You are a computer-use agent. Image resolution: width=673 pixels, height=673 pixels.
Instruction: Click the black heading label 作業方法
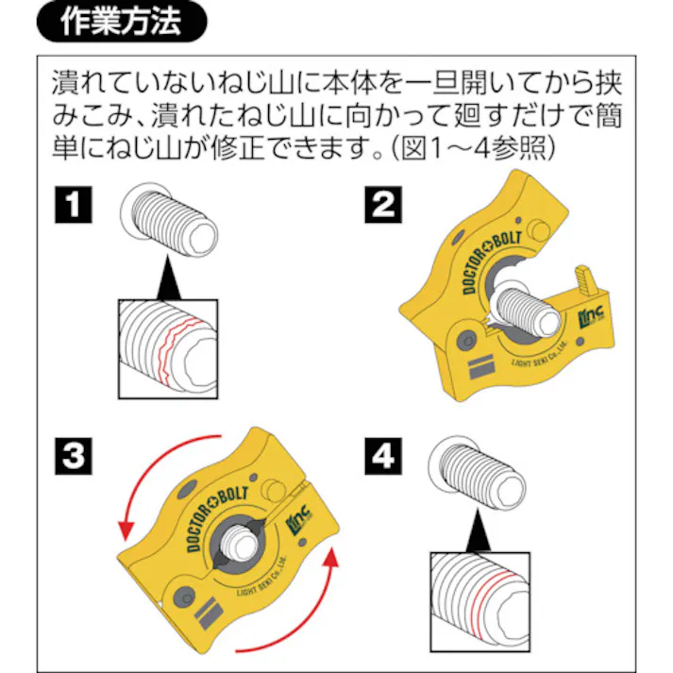[120, 23]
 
